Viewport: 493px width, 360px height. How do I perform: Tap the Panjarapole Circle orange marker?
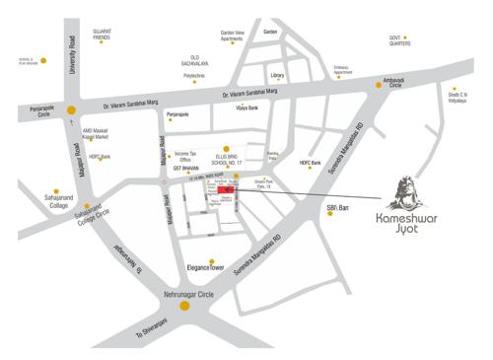click(x=71, y=110)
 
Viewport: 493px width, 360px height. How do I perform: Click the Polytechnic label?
click(x=194, y=75)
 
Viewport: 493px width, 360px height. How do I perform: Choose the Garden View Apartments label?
click(x=232, y=35)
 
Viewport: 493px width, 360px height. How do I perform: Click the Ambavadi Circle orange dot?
click(x=380, y=87)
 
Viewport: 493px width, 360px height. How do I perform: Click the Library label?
click(x=277, y=75)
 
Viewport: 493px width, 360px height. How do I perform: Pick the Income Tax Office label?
click(x=188, y=156)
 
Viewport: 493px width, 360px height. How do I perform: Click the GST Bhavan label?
click(x=186, y=169)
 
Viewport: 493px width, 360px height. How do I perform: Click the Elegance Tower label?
click(x=206, y=267)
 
